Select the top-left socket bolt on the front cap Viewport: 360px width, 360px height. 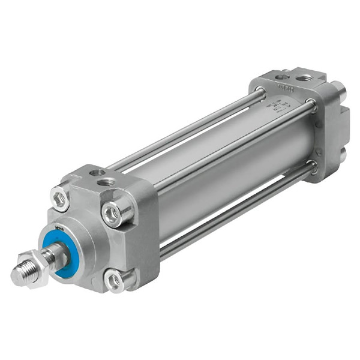click(60, 198)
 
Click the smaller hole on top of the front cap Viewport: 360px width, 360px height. click(94, 173)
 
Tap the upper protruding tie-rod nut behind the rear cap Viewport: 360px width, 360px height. click(339, 91)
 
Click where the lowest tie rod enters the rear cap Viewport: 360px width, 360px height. click(309, 171)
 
